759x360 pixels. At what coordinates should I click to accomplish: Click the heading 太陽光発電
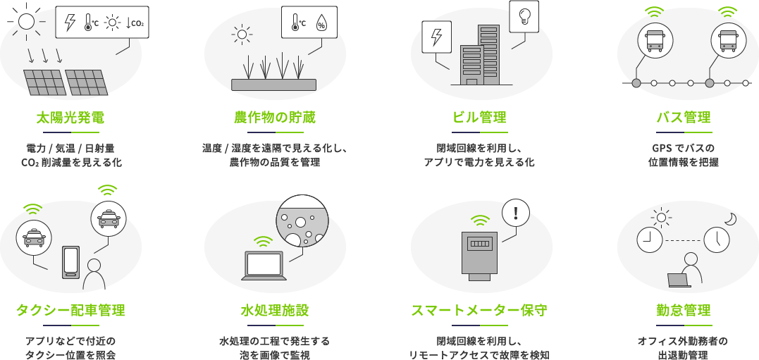[70, 117]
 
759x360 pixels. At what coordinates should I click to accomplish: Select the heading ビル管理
[479, 117]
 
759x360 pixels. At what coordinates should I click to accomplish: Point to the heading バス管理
[683, 117]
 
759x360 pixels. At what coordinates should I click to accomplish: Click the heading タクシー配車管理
[70, 310]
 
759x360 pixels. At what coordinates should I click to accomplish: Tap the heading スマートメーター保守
[479, 310]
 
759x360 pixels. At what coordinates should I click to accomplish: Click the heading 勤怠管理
[683, 310]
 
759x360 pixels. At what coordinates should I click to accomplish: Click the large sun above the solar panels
[26, 20]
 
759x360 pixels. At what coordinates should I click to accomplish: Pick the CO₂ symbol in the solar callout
[136, 23]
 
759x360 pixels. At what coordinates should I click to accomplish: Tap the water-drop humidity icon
[321, 23]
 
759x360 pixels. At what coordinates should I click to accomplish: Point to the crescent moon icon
[731, 219]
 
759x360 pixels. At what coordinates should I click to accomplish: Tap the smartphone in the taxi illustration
[71, 262]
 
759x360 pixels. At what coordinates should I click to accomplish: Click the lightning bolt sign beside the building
[436, 37]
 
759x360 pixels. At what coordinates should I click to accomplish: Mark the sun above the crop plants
[242, 33]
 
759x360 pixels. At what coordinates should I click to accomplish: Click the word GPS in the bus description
[662, 149]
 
